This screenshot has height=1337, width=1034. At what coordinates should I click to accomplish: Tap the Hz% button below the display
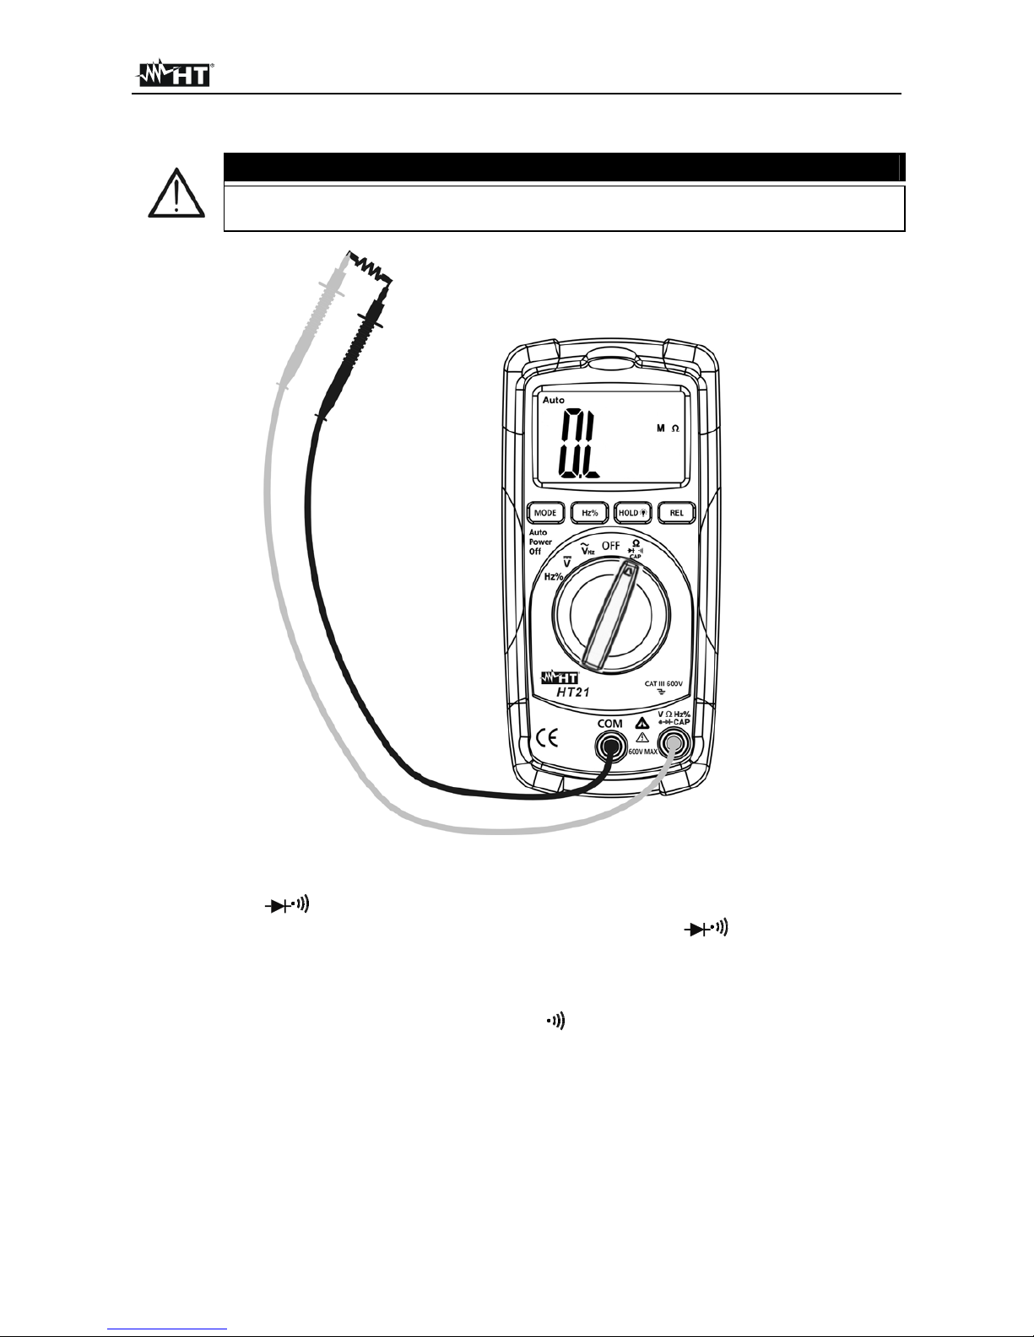point(589,511)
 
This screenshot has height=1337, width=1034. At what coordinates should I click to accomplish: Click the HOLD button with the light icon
point(632,511)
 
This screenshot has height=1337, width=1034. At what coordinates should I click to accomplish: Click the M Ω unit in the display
point(668,429)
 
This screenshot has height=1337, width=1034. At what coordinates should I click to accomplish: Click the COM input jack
point(609,745)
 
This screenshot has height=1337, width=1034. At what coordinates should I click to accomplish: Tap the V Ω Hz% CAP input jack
point(674,744)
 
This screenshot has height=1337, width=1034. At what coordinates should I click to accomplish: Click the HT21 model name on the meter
point(577,693)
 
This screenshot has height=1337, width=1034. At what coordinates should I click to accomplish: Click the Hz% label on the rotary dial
point(554,576)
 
